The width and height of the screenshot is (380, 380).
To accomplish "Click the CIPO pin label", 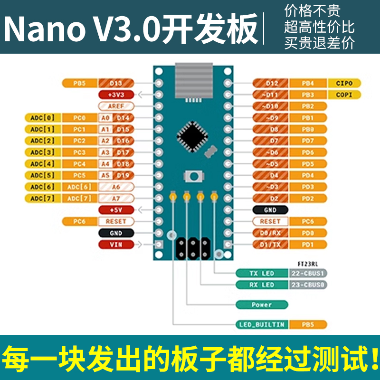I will [x=344, y=83].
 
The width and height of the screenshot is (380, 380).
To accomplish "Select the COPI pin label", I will [x=344, y=95].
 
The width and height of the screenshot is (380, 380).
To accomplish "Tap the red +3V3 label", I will [x=116, y=95].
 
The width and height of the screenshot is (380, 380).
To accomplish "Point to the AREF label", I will [x=116, y=106].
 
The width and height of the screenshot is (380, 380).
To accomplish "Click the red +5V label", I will [x=116, y=209].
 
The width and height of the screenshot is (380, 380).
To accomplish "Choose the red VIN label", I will [x=116, y=245].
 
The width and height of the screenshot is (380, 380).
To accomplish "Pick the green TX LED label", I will [x=262, y=273].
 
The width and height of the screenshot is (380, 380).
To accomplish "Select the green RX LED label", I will [x=262, y=285].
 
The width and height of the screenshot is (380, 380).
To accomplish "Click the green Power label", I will [x=262, y=304].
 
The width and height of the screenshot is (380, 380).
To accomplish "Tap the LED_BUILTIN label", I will [x=262, y=324].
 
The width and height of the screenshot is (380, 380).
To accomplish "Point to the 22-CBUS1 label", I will [x=308, y=273].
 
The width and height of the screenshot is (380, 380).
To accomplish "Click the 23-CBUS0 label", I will [x=308, y=285].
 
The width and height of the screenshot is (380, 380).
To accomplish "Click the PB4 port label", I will [x=308, y=83].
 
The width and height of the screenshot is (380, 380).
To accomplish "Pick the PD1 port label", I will [x=308, y=245].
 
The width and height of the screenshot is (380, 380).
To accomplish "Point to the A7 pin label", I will [x=116, y=198].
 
